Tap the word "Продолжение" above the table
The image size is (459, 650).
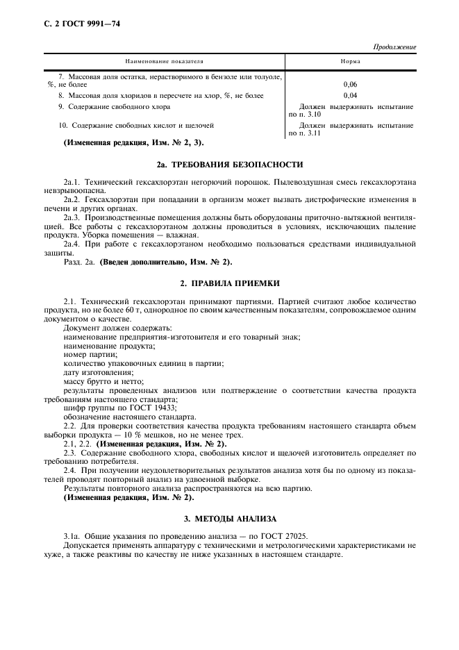(394, 47)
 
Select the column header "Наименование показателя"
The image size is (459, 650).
(164, 62)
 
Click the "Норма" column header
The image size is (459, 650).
(350, 62)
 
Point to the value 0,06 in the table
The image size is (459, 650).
(351, 85)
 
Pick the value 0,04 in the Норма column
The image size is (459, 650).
(351, 95)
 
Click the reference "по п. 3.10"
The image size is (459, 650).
(303, 114)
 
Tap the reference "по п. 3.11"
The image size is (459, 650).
(303, 133)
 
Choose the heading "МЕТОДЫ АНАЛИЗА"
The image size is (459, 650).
(236, 518)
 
